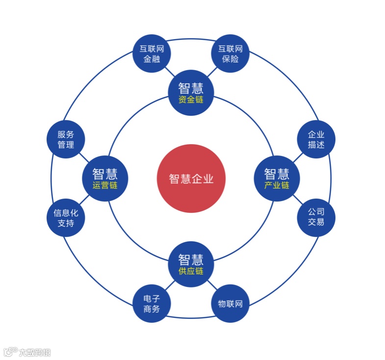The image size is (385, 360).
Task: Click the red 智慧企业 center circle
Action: click(191, 178)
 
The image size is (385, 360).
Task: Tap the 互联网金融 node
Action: click(152, 53)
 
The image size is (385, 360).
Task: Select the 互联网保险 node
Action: click(230, 53)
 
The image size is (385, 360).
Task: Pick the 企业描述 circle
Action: click(316, 139)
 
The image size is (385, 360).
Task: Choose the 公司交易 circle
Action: click(316, 217)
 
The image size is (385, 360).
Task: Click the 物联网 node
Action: click(230, 304)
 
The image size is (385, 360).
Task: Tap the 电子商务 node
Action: click(152, 304)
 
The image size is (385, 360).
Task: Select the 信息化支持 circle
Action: click(66, 217)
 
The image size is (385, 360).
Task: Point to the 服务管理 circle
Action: click(66, 139)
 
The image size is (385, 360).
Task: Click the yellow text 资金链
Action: click(191, 100)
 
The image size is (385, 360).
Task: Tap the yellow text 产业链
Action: click(277, 185)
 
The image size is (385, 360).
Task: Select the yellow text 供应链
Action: click(191, 271)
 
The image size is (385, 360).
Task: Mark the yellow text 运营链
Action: click(105, 185)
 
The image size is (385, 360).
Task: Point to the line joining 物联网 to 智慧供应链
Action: click(211, 284)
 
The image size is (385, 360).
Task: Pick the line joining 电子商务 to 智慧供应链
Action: click(171, 284)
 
